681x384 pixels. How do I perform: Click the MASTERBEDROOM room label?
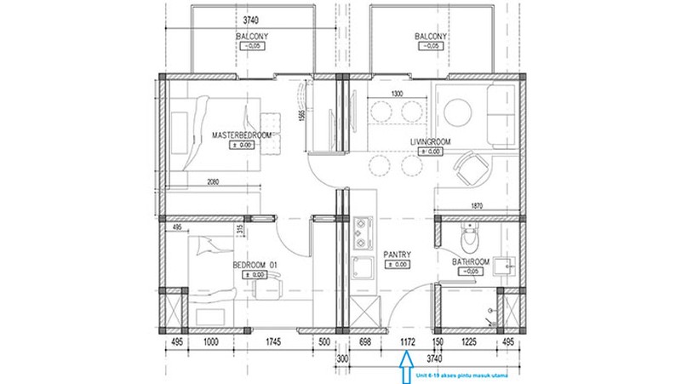pyautogui.click(x=241, y=135)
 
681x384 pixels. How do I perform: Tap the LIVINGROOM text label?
pyautogui.click(x=430, y=141)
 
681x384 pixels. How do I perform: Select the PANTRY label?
pyautogui.click(x=397, y=255)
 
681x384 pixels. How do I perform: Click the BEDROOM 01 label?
pyautogui.click(x=255, y=265)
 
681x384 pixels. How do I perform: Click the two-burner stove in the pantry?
pyautogui.click(x=364, y=229)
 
